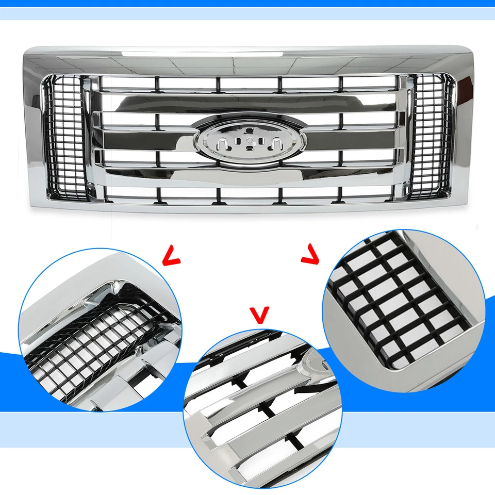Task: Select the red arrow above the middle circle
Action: tap(259, 314)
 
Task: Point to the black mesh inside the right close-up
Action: tap(400, 304)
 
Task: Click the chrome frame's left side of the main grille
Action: tap(32, 129)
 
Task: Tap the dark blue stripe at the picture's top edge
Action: tap(247, 3)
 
